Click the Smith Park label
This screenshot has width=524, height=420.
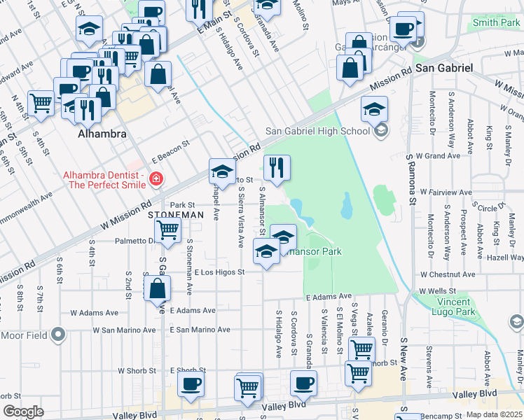pyautogui.click(x=496, y=22)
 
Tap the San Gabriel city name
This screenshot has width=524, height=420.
pyautogui.click(x=444, y=68)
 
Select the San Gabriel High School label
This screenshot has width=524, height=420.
pyautogui.click(x=317, y=131)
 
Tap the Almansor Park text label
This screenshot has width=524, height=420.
pyautogui.click(x=312, y=251)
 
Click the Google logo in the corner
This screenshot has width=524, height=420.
pyautogui.click(x=23, y=412)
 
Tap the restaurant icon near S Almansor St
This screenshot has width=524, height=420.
pyautogui.click(x=277, y=167)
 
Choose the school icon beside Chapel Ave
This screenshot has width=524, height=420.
pyautogui.click(x=222, y=171)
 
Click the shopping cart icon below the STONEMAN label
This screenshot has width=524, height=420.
pyautogui.click(x=167, y=230)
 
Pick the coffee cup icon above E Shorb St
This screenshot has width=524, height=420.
pyautogui.click(x=191, y=383)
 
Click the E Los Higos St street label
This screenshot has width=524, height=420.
pyautogui.click(x=219, y=272)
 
